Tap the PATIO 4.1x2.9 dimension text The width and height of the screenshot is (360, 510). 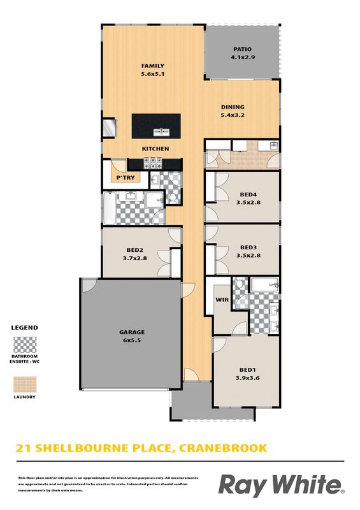pos(243,57)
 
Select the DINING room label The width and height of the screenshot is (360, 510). pos(233,107)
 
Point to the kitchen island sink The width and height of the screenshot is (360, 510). pos(161,132)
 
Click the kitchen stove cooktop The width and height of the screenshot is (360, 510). pos(153,163)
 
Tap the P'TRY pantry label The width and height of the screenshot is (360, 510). pos(126,178)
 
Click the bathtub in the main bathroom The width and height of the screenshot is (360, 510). pos(110,208)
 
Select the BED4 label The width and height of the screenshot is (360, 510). pos(248,194)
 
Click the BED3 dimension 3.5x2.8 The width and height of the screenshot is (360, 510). pos(248,256)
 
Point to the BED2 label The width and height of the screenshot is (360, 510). pos(134,250)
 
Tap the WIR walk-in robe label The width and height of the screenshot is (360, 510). pos(222,300)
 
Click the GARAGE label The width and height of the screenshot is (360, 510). pos(132,332)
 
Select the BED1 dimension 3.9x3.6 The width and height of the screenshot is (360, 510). pos(247,378)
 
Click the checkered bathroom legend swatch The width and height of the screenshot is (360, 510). pos(25,345)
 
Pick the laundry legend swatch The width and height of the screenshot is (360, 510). pos(25,384)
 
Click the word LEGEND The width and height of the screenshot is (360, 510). pos(24,328)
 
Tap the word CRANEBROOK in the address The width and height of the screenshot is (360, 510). pos(223,448)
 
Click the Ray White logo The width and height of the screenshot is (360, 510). pos(281,485)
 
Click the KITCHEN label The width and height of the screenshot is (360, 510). pos(155,149)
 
